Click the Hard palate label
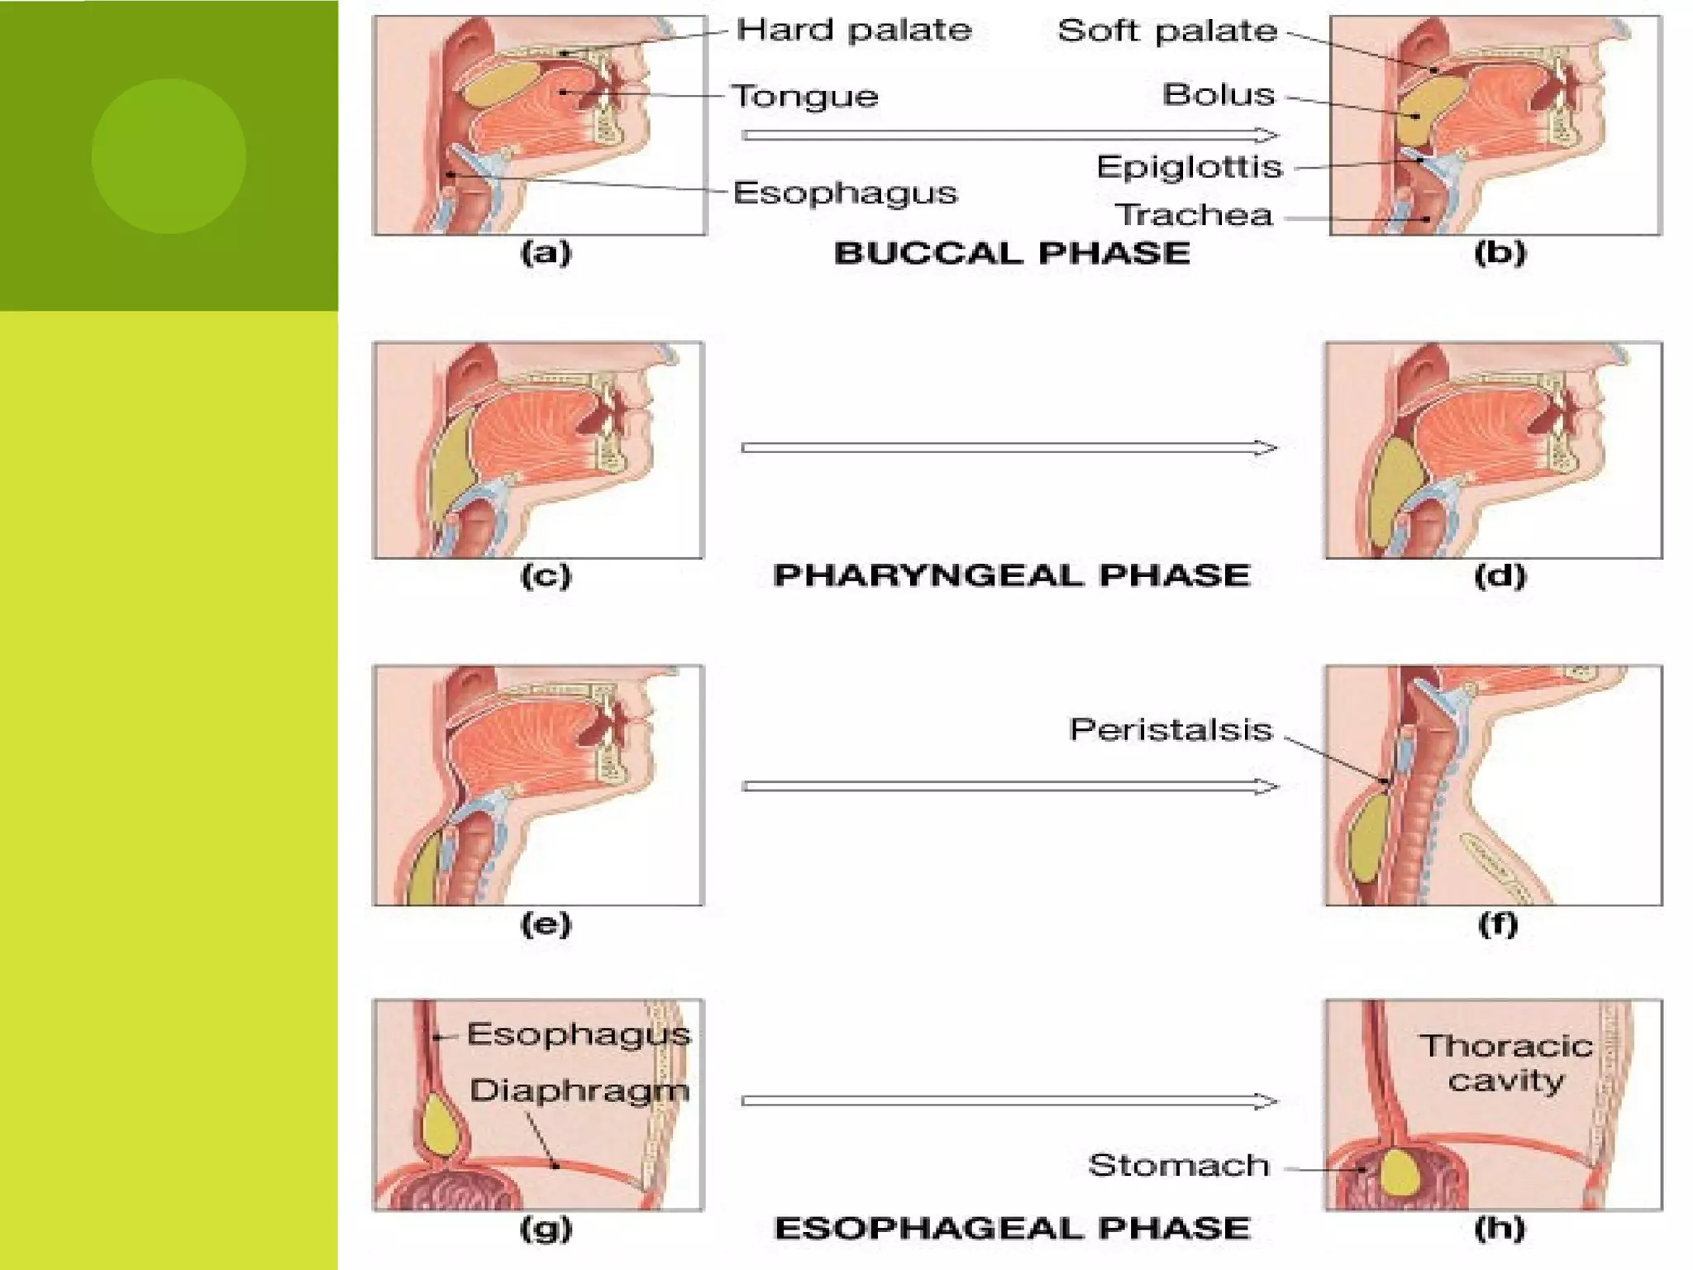click(x=853, y=31)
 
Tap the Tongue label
click(x=805, y=97)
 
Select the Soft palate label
click(x=1167, y=31)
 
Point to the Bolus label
click(x=1218, y=95)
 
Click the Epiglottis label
click(x=1189, y=167)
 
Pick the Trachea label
click(x=1194, y=216)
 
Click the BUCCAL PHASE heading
click(x=1012, y=253)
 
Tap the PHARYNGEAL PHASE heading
click(x=1011, y=575)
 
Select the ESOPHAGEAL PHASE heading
click(x=1012, y=1229)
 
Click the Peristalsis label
click(x=1171, y=730)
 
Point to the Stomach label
click(x=1178, y=1166)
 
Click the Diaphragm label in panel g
click(x=579, y=1091)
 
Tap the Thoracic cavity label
click(x=1506, y=1063)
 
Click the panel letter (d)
click(x=1500, y=575)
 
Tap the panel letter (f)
click(x=1498, y=924)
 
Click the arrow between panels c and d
click(x=1009, y=448)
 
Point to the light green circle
click(x=169, y=156)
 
